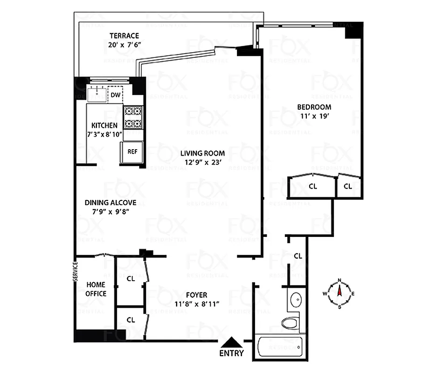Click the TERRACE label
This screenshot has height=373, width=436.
click(124, 36)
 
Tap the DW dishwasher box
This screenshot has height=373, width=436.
click(115, 96)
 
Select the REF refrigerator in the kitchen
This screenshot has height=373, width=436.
click(132, 152)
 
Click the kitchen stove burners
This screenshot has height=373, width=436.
click(133, 117)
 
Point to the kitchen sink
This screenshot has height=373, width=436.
click(97, 93)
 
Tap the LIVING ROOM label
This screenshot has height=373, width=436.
click(203, 153)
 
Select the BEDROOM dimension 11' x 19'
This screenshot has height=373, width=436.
click(314, 117)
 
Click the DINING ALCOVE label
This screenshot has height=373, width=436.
click(110, 202)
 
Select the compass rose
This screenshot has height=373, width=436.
click(339, 293)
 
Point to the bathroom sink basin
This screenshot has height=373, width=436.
click(296, 299)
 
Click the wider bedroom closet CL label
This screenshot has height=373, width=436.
click(313, 186)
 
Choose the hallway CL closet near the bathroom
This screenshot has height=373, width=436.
click(298, 256)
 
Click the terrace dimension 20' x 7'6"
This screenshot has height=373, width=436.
click(124, 45)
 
